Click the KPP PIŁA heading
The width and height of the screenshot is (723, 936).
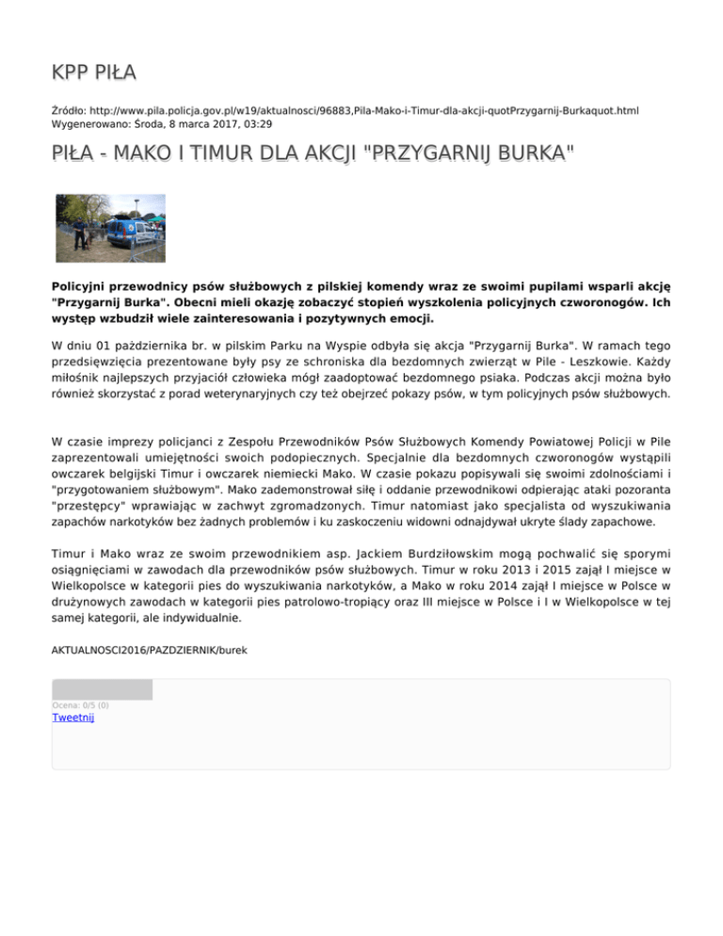(x=94, y=73)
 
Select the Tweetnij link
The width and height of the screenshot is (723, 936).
(x=73, y=718)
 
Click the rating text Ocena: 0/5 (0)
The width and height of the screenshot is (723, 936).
(x=81, y=704)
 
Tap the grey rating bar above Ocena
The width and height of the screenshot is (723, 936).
(x=103, y=690)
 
